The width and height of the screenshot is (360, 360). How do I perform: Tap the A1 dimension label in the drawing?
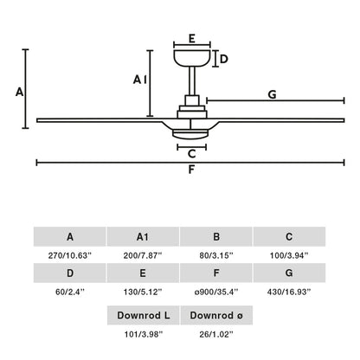[139, 80]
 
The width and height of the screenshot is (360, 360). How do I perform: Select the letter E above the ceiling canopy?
[192, 38]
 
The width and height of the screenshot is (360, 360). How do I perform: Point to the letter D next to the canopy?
[223, 59]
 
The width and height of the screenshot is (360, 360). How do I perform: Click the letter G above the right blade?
[272, 94]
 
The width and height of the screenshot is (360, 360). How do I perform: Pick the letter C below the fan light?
[191, 155]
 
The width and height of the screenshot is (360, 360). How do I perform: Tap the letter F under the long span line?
[191, 170]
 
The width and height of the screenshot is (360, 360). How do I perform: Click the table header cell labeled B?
[215, 236]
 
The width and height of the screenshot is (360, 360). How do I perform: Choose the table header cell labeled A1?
[143, 236]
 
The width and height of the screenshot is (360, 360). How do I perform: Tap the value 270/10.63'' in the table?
[69, 255]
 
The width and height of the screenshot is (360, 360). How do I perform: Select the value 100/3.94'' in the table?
[289, 255]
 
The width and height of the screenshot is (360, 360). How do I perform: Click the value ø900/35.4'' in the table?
[215, 292]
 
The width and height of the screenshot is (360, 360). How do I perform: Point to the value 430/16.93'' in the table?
[289, 292]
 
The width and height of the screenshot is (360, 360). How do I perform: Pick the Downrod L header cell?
[143, 315]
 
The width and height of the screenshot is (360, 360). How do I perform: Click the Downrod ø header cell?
[215, 315]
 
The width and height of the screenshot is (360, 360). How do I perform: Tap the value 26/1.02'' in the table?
[215, 334]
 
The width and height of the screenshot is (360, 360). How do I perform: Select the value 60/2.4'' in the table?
[69, 292]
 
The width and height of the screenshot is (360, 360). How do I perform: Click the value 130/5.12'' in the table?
[143, 292]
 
